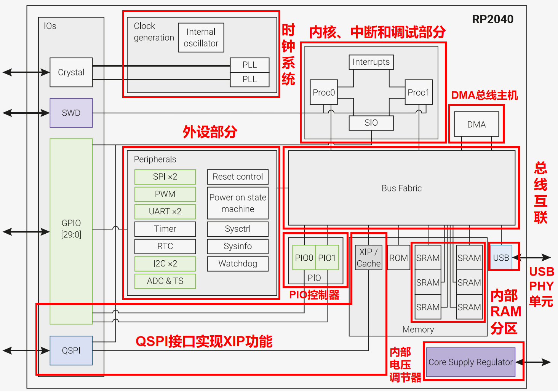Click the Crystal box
tap(71, 72)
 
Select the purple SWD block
tap(71, 113)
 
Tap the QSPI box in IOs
tap(71, 351)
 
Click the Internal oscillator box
tap(201, 38)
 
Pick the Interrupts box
tap(371, 62)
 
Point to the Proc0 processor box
tap(324, 92)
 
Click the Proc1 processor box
tap(419, 92)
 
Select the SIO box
tap(371, 123)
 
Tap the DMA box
tap(476, 124)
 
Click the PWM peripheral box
tap(165, 194)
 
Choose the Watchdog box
tap(238, 264)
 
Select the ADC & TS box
tap(165, 281)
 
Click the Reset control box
tap(238, 177)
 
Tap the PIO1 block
tap(327, 258)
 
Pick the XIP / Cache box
tap(368, 258)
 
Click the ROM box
tap(398, 258)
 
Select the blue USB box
tap(501, 257)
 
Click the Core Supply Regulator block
tap(470, 362)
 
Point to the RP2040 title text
tap(493, 19)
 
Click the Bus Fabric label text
tap(401, 188)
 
